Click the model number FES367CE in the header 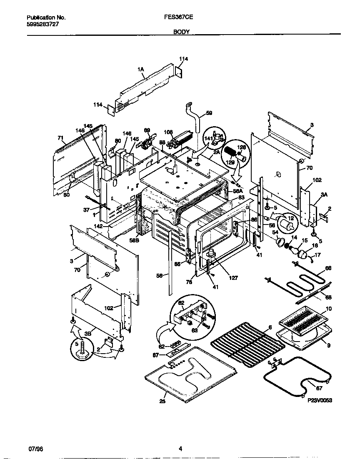tap(179, 17)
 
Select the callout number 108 tap(168, 132)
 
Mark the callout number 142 tap(98, 226)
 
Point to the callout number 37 tap(86, 210)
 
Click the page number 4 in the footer tap(180, 449)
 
